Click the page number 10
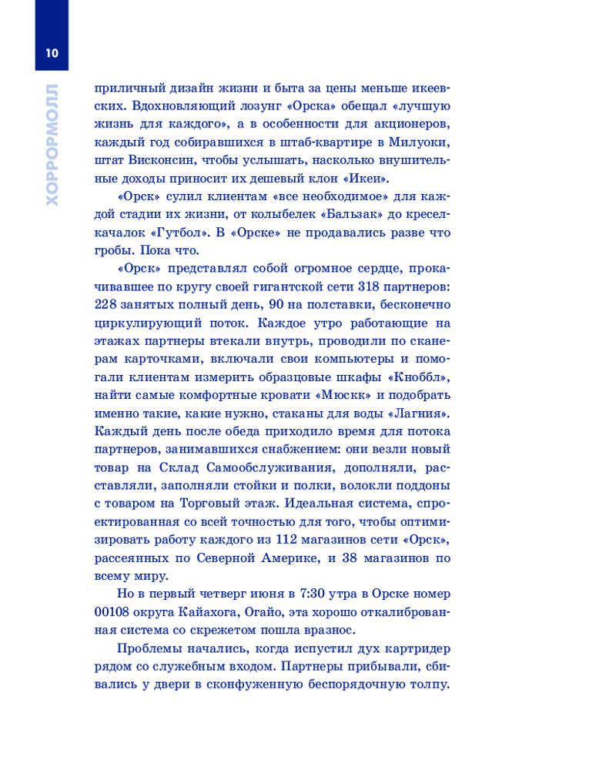point(52,53)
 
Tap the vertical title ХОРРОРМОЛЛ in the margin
point(52,143)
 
